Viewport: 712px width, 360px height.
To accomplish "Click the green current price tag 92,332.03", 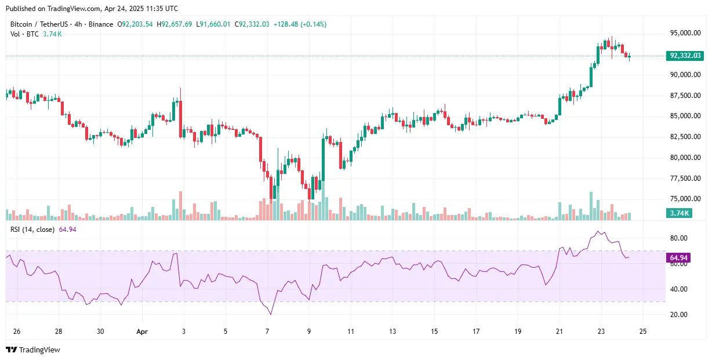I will point(685,56).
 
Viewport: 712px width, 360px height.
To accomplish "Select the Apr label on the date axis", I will point(143,332).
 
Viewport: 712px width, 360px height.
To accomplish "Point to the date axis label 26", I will point(17,332).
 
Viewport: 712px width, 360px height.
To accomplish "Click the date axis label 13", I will point(393,332).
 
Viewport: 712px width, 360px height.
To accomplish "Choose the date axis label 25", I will point(642,332).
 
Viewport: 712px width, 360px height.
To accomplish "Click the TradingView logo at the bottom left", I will point(33,350).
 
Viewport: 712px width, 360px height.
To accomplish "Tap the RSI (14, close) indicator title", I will point(32,230).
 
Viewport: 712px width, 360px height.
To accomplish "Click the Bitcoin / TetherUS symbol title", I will point(40,24).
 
